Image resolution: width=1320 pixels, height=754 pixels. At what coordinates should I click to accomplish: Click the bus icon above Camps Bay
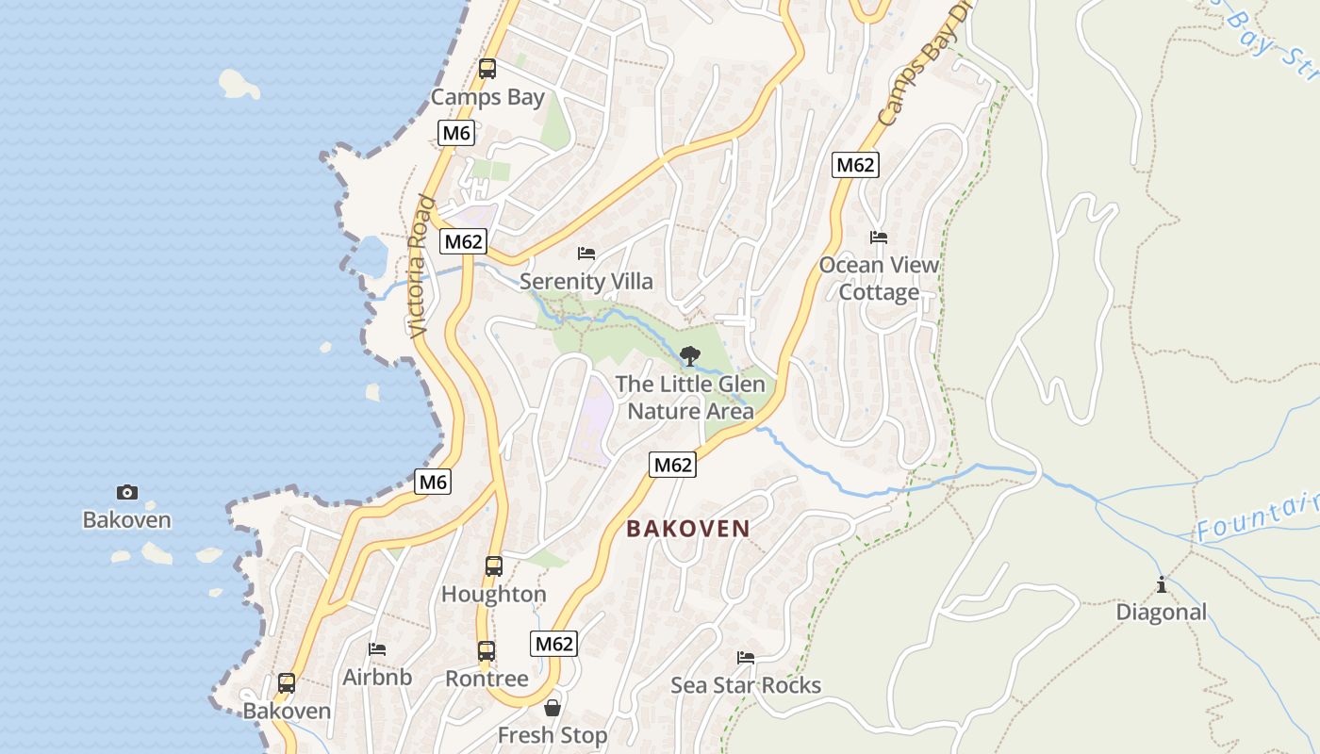coord(487,69)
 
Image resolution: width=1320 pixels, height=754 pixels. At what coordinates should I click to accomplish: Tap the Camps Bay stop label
coord(487,97)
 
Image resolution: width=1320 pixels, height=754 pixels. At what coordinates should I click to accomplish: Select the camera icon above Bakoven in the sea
coord(127,492)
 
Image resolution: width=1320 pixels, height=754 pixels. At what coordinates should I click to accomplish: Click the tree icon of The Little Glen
coord(690,356)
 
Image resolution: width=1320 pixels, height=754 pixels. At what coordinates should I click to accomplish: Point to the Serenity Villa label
coord(586,281)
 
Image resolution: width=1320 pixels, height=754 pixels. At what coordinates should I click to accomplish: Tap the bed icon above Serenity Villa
coord(586,254)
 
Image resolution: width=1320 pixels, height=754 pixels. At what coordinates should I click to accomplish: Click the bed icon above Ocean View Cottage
coord(879,238)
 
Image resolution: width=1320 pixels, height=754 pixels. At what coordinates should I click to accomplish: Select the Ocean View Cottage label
coord(879,278)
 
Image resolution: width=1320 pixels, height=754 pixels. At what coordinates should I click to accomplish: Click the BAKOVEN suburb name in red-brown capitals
coord(688,529)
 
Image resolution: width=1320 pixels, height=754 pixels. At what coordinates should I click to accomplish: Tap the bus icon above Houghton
coord(494,566)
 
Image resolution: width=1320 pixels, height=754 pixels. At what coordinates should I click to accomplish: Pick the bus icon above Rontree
coord(487,651)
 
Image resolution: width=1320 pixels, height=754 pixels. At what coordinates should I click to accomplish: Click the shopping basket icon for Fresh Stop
coord(553,708)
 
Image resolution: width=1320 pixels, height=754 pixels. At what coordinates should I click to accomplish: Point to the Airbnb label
coord(377,677)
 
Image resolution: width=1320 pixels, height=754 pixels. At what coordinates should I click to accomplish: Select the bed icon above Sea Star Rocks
coord(746,657)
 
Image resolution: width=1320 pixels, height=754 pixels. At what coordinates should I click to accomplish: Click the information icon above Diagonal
coord(1161,585)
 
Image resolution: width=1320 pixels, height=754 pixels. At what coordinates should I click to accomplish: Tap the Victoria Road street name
coord(421,267)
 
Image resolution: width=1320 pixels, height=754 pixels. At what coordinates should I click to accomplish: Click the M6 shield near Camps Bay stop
coord(456,133)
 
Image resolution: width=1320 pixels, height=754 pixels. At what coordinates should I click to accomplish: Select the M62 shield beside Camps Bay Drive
coord(855,165)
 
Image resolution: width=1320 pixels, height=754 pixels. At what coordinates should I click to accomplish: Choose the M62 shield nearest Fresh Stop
coord(553,644)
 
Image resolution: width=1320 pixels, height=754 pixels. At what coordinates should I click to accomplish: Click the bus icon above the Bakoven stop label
coord(287,683)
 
